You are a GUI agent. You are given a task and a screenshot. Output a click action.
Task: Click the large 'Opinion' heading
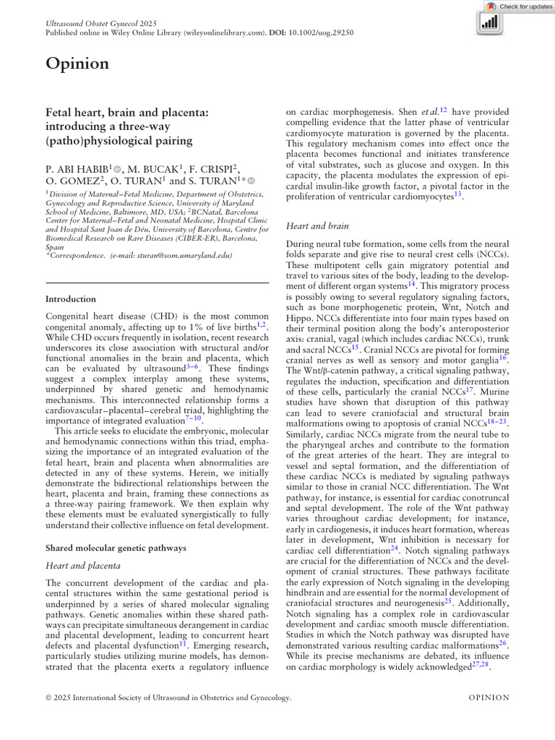pos(77,64)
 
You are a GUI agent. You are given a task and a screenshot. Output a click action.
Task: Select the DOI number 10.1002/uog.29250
pos(324,33)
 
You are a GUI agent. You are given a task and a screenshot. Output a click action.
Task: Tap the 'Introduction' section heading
pos(71,298)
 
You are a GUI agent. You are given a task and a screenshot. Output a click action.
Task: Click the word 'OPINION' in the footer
pos(489,698)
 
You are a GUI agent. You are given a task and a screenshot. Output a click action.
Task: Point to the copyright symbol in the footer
pos(49,698)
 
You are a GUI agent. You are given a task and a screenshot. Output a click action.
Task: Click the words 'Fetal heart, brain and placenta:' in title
pos(127,113)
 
